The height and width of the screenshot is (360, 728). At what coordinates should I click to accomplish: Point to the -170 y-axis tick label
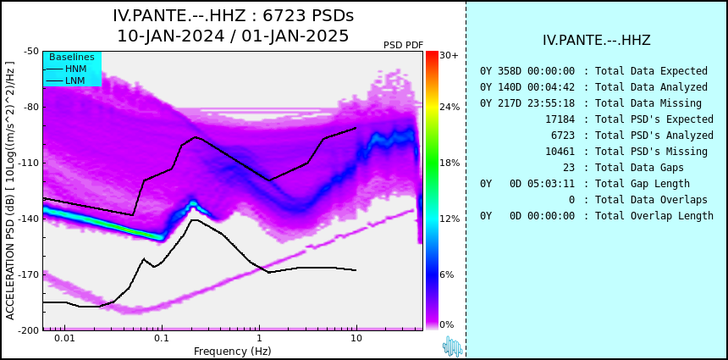coord(29,274)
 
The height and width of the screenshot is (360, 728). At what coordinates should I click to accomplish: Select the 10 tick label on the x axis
coord(356,338)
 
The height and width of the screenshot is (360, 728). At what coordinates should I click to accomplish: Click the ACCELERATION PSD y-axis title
coord(10,191)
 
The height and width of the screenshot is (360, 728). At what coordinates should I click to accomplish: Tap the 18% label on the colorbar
coord(449,163)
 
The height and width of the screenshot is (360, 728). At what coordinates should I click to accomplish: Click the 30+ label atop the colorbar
coord(449,55)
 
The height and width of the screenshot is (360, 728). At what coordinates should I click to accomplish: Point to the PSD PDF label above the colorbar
coord(403,45)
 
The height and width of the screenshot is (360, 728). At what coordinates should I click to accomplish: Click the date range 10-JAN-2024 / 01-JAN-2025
coord(233,36)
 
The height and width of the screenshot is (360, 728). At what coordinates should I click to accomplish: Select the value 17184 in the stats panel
coord(560,119)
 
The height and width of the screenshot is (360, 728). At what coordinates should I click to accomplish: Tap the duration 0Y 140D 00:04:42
coord(527,87)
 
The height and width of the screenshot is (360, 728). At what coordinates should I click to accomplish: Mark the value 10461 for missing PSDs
coord(560,152)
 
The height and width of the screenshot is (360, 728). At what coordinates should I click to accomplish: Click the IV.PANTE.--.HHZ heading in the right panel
coord(597,41)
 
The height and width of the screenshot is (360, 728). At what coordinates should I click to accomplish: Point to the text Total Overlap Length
coord(654,215)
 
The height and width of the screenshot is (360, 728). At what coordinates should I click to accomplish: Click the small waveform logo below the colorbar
coord(453,346)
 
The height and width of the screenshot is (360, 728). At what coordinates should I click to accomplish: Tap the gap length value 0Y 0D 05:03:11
coord(527,184)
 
